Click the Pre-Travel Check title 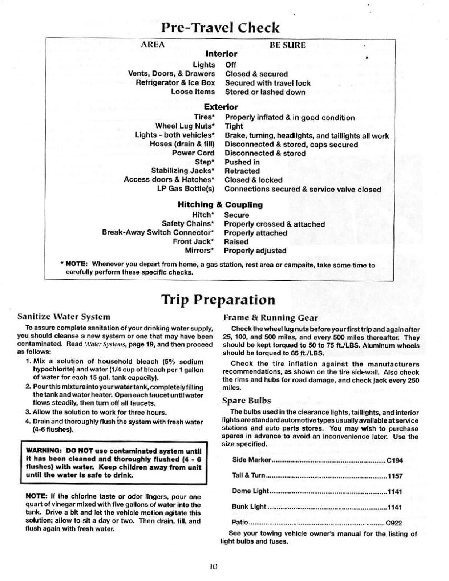point(221,28)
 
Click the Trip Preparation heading point(218,300)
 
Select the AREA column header point(153,45)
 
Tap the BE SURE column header point(287,45)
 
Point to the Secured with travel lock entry point(268,83)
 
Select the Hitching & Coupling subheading point(220,205)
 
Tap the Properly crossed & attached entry point(274,224)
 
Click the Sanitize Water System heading point(64,317)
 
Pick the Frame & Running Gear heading point(270,318)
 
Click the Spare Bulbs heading point(247,401)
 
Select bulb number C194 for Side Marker point(395,460)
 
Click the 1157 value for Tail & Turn point(395,476)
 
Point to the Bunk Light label point(249,507)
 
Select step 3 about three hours point(96,412)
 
